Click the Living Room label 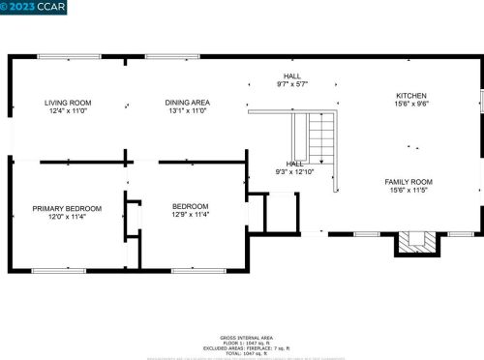point(68,102)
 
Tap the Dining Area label point(188,102)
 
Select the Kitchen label point(411,95)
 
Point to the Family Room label point(408,181)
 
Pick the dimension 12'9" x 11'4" point(189,216)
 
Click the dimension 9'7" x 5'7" point(291,83)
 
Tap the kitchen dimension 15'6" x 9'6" point(411,104)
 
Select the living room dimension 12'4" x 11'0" point(68,110)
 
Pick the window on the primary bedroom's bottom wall point(58,268)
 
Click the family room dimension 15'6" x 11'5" point(408,190)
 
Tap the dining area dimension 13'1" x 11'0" point(188,110)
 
